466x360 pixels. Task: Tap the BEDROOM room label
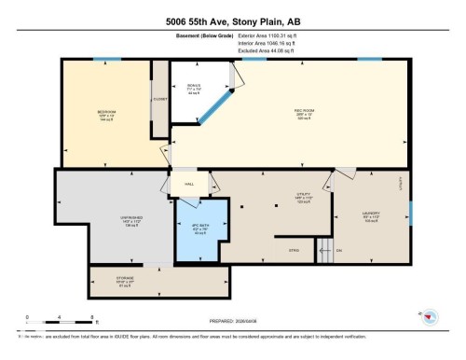[106, 115]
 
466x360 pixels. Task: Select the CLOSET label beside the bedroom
[159, 97]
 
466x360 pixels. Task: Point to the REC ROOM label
[278, 110]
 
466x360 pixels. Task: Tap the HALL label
[188, 184]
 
